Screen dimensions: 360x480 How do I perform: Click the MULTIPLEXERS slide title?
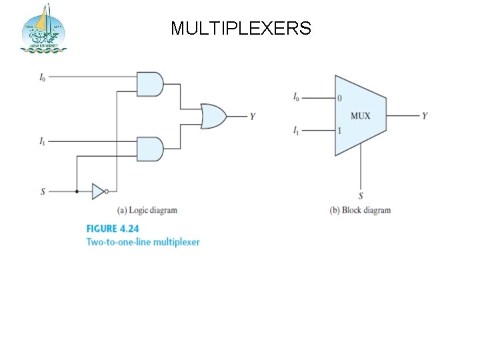click(x=241, y=28)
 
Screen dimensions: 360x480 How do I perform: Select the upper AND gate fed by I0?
click(x=149, y=83)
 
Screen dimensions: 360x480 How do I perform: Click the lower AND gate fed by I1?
click(x=149, y=149)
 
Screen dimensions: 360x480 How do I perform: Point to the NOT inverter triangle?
click(x=99, y=192)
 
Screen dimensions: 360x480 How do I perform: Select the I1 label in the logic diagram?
click(x=43, y=141)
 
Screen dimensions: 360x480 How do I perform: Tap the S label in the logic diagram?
click(x=43, y=192)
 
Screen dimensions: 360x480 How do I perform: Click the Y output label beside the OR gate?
click(x=253, y=117)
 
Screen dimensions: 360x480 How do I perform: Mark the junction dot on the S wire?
click(x=77, y=192)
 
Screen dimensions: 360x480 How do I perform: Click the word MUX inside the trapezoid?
click(x=360, y=116)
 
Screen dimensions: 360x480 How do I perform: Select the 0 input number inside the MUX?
click(x=340, y=98)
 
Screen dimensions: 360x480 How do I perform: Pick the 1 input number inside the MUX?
click(x=339, y=131)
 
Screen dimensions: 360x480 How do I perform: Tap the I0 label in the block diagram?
click(x=296, y=97)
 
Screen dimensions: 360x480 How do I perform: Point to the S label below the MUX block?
click(x=361, y=195)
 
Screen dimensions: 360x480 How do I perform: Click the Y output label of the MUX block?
click(x=425, y=116)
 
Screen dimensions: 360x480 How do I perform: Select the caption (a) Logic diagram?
click(x=147, y=210)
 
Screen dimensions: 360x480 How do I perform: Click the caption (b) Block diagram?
click(x=360, y=210)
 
